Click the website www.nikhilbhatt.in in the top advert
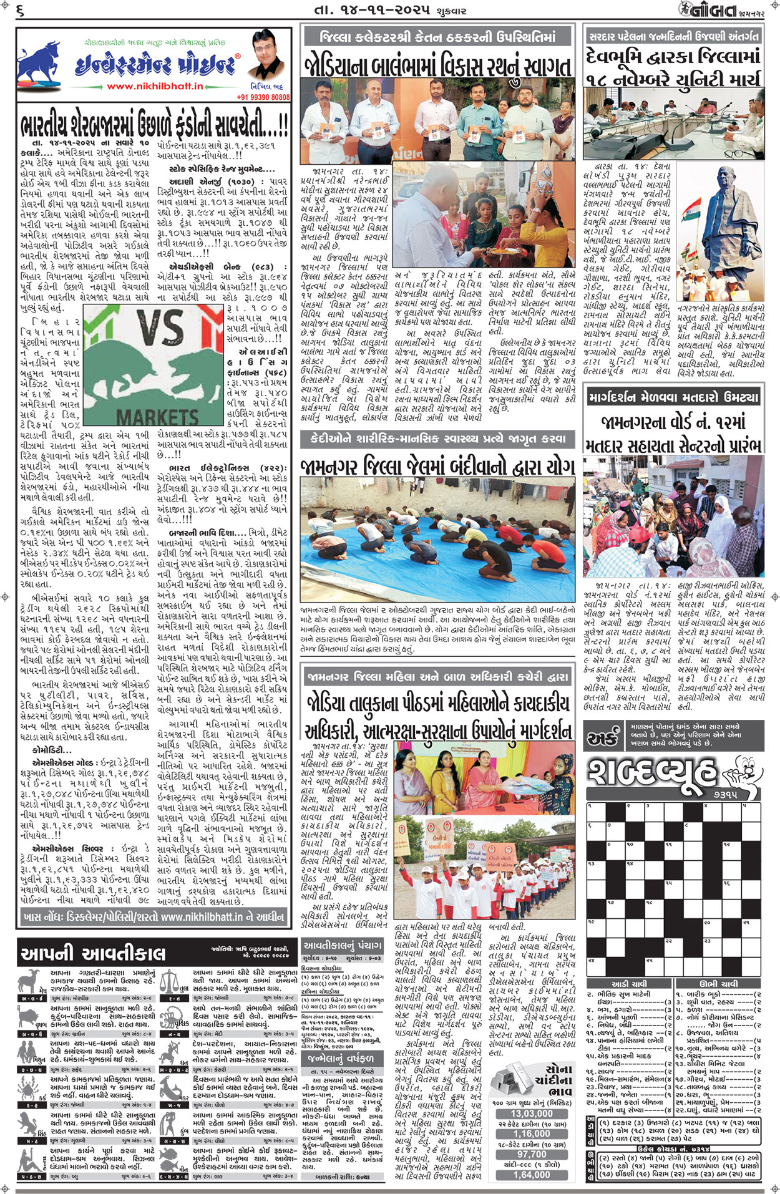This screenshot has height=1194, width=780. [155, 86]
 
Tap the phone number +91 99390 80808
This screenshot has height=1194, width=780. [263, 97]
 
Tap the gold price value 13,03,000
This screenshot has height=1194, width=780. [531, 1114]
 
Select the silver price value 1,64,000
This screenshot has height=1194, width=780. [531, 1175]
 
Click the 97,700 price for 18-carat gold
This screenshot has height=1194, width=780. [531, 1155]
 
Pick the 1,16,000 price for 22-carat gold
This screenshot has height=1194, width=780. [531, 1134]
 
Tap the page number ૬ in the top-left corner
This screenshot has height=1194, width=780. [21, 11]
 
